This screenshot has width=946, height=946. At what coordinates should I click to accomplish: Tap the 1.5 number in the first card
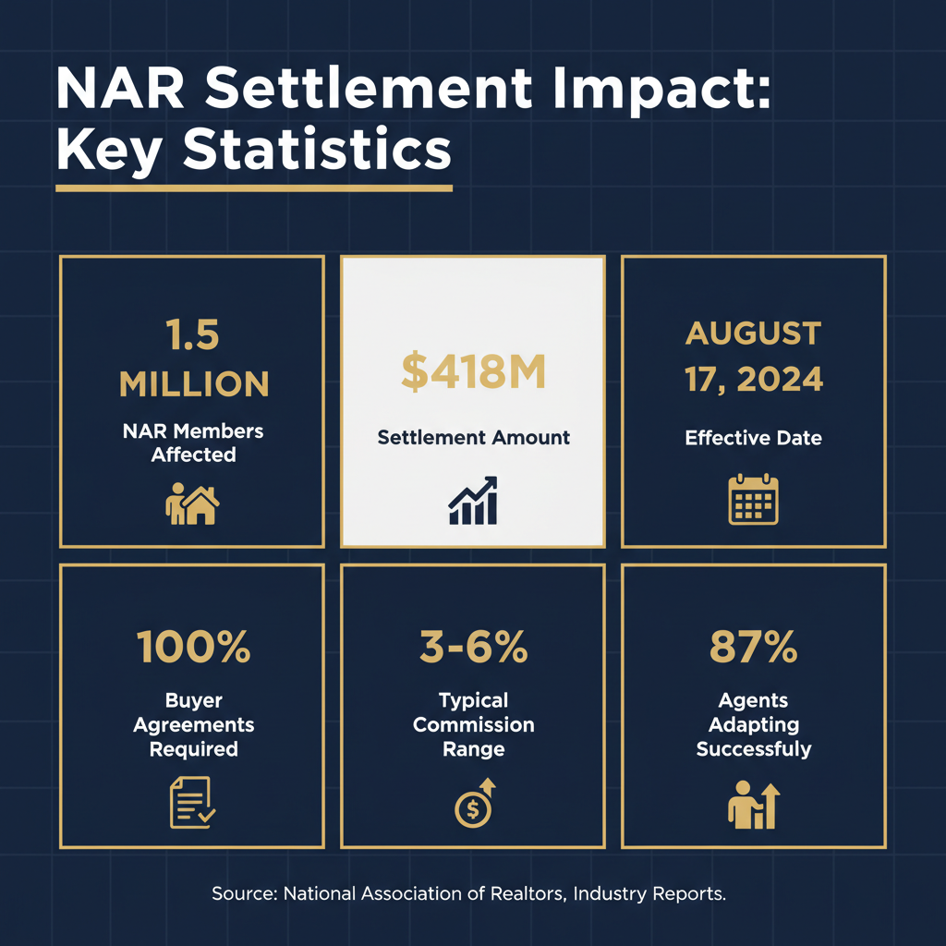[193, 335]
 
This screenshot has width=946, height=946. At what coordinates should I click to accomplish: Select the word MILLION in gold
[193, 383]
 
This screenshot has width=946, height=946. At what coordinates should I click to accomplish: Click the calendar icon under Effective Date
[753, 500]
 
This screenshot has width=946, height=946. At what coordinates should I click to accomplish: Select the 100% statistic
[193, 648]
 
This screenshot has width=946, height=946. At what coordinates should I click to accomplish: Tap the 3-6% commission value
[473, 648]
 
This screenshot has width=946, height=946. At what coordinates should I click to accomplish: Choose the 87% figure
[753, 648]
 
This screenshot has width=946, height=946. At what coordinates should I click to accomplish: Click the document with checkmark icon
[192, 802]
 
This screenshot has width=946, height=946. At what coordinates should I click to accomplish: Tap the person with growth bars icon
[753, 804]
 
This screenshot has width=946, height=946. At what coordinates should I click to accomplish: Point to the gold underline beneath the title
[254, 188]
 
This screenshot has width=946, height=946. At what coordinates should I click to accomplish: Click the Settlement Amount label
[473, 437]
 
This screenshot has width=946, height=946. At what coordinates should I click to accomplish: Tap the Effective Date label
[753, 437]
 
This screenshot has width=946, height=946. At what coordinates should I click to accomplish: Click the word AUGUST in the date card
[753, 334]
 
